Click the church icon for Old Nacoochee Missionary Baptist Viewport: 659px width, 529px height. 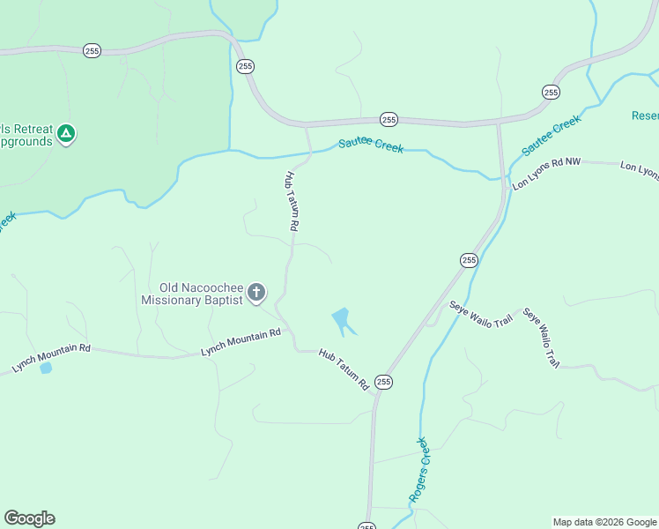(x=256, y=292)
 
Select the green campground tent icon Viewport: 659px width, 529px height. (x=65, y=134)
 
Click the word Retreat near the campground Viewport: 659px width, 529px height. (x=26, y=126)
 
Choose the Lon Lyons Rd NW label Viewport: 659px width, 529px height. (x=547, y=174)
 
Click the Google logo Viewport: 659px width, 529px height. (x=29, y=518)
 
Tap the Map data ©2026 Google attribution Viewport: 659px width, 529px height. (x=604, y=522)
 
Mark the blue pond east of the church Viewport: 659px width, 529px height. (x=341, y=318)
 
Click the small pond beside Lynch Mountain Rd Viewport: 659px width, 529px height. (x=45, y=368)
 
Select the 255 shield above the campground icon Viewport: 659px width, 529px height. (x=93, y=51)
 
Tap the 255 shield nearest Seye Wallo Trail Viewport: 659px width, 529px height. (x=468, y=259)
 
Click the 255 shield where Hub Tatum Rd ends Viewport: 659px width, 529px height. (x=383, y=382)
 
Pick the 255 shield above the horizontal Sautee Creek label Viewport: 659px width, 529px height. (x=389, y=119)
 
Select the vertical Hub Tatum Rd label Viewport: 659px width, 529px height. (x=292, y=201)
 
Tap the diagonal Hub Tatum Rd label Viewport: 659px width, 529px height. (x=344, y=369)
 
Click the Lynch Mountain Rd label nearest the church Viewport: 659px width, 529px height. (x=241, y=339)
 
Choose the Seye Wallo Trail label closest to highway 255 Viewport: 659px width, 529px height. (x=480, y=315)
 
